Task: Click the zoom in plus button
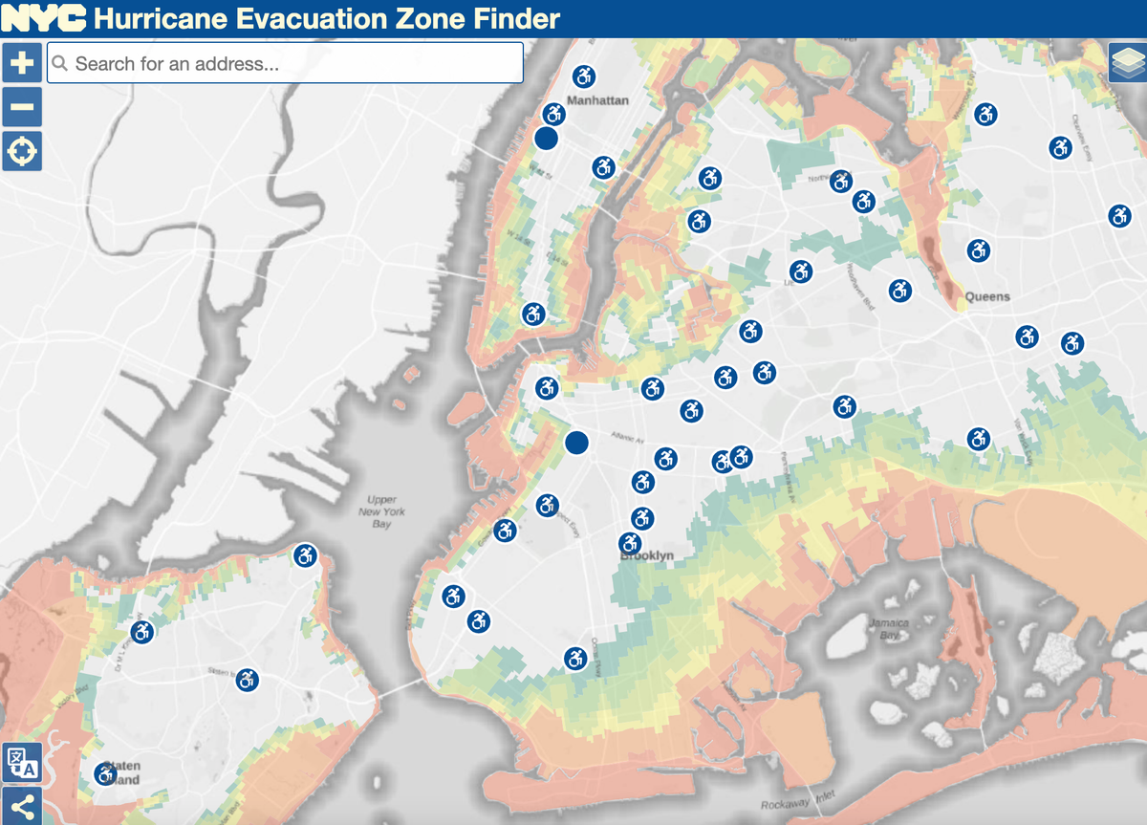(22, 63)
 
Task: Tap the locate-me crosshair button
(22, 151)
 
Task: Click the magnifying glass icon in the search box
(60, 64)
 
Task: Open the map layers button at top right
(1126, 63)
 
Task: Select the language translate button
(22, 762)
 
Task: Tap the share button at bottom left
(22, 806)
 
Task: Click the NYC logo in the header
(44, 18)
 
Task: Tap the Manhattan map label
(597, 100)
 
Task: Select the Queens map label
(986, 296)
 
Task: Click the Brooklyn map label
(647, 555)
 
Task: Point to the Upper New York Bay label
(381, 511)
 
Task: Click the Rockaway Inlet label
(797, 805)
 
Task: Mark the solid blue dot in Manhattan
(546, 139)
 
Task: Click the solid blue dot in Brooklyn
(576, 442)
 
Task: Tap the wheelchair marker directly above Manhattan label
(583, 76)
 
